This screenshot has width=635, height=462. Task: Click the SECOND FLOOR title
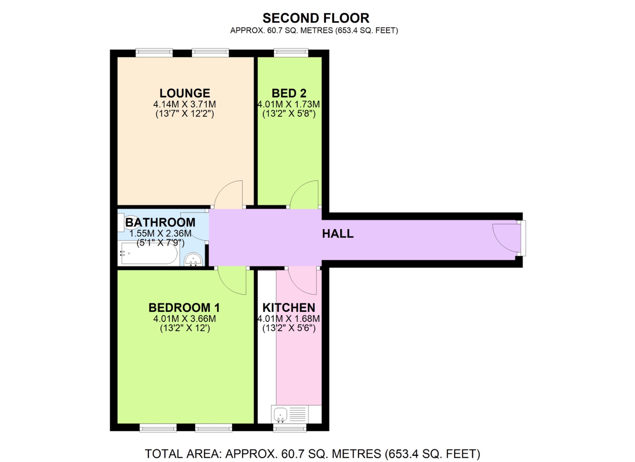click(316, 18)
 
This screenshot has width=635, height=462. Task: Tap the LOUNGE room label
click(185, 93)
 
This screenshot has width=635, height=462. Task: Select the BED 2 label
click(289, 93)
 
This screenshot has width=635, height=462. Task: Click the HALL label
click(338, 234)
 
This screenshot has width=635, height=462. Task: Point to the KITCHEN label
click(289, 307)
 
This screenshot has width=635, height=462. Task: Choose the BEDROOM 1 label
click(184, 307)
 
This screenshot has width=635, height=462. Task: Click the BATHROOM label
click(160, 222)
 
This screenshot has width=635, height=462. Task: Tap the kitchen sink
click(280, 414)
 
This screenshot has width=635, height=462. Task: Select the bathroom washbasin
click(193, 259)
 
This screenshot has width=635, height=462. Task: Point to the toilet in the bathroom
click(131, 222)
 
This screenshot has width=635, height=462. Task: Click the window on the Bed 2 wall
click(291, 52)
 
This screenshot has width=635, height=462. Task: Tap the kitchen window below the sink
click(290, 428)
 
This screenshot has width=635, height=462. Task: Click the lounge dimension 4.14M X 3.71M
click(184, 104)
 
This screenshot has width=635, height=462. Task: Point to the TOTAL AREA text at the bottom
click(312, 454)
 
